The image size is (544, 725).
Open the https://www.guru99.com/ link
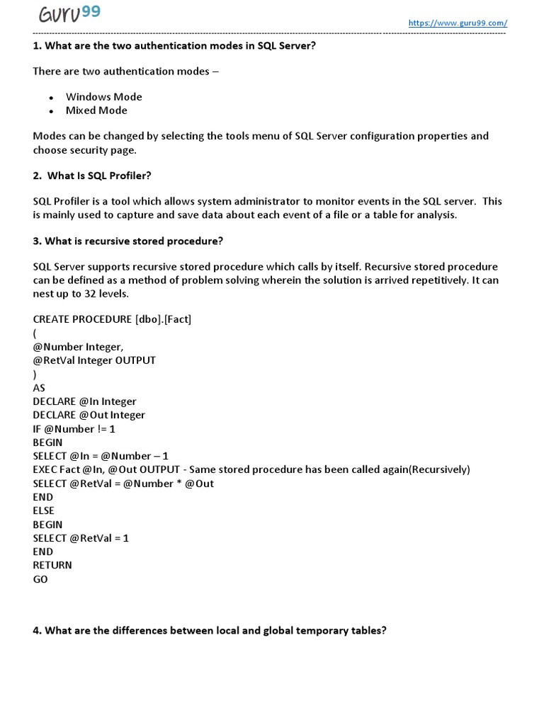458,23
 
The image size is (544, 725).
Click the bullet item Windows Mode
103,97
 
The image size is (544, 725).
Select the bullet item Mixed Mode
96,110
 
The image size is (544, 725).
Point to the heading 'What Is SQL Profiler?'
92,176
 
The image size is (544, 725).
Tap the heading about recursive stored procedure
127,241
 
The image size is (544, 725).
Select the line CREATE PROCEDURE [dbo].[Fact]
112,319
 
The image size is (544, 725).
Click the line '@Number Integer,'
78,347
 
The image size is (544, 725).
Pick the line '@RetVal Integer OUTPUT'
94,360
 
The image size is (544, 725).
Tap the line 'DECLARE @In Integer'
84,401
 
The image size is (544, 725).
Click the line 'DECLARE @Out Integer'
89,415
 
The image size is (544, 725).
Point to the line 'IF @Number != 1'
74,429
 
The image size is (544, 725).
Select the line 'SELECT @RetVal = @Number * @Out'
123,484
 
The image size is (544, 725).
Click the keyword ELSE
44,510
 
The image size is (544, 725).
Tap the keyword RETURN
52,565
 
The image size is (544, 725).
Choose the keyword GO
40,579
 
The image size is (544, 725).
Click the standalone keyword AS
39,388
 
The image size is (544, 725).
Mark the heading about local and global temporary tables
210,630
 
